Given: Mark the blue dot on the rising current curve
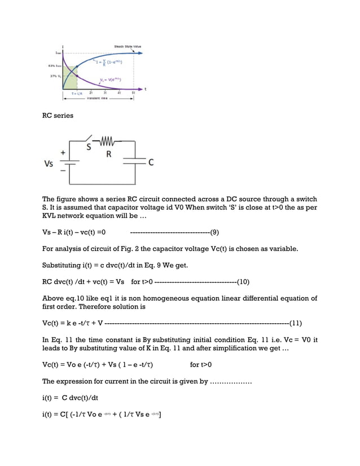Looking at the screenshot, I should (76, 67).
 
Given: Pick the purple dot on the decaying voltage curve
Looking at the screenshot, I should (76, 77).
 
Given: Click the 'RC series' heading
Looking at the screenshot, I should (58, 116).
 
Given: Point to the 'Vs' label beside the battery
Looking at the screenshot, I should (50, 164).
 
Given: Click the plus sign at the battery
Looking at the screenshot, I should (62, 152).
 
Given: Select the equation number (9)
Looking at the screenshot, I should (214, 232).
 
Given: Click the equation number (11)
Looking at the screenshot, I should (295, 323).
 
